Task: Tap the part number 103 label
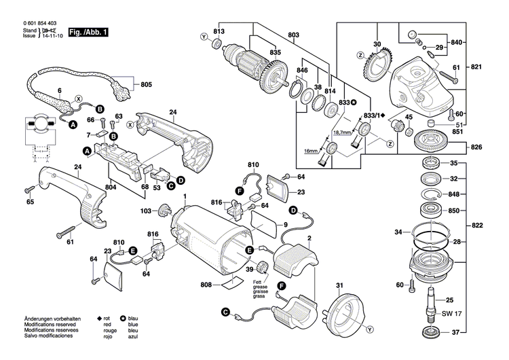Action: click(145, 211)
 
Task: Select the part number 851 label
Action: click(459, 132)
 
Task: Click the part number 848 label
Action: click(454, 194)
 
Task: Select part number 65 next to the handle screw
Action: click(31, 202)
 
